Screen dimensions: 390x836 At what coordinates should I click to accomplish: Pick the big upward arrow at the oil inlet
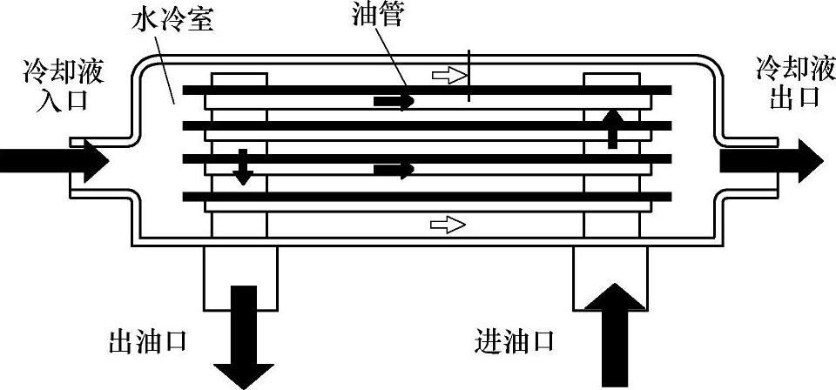(615, 335)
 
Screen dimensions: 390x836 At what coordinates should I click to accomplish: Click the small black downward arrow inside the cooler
(243, 167)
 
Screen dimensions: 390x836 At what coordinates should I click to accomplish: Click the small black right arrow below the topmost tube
(394, 102)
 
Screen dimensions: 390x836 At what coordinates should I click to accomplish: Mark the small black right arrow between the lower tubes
(394, 169)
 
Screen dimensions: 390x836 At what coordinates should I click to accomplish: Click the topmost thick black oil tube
(427, 90)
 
